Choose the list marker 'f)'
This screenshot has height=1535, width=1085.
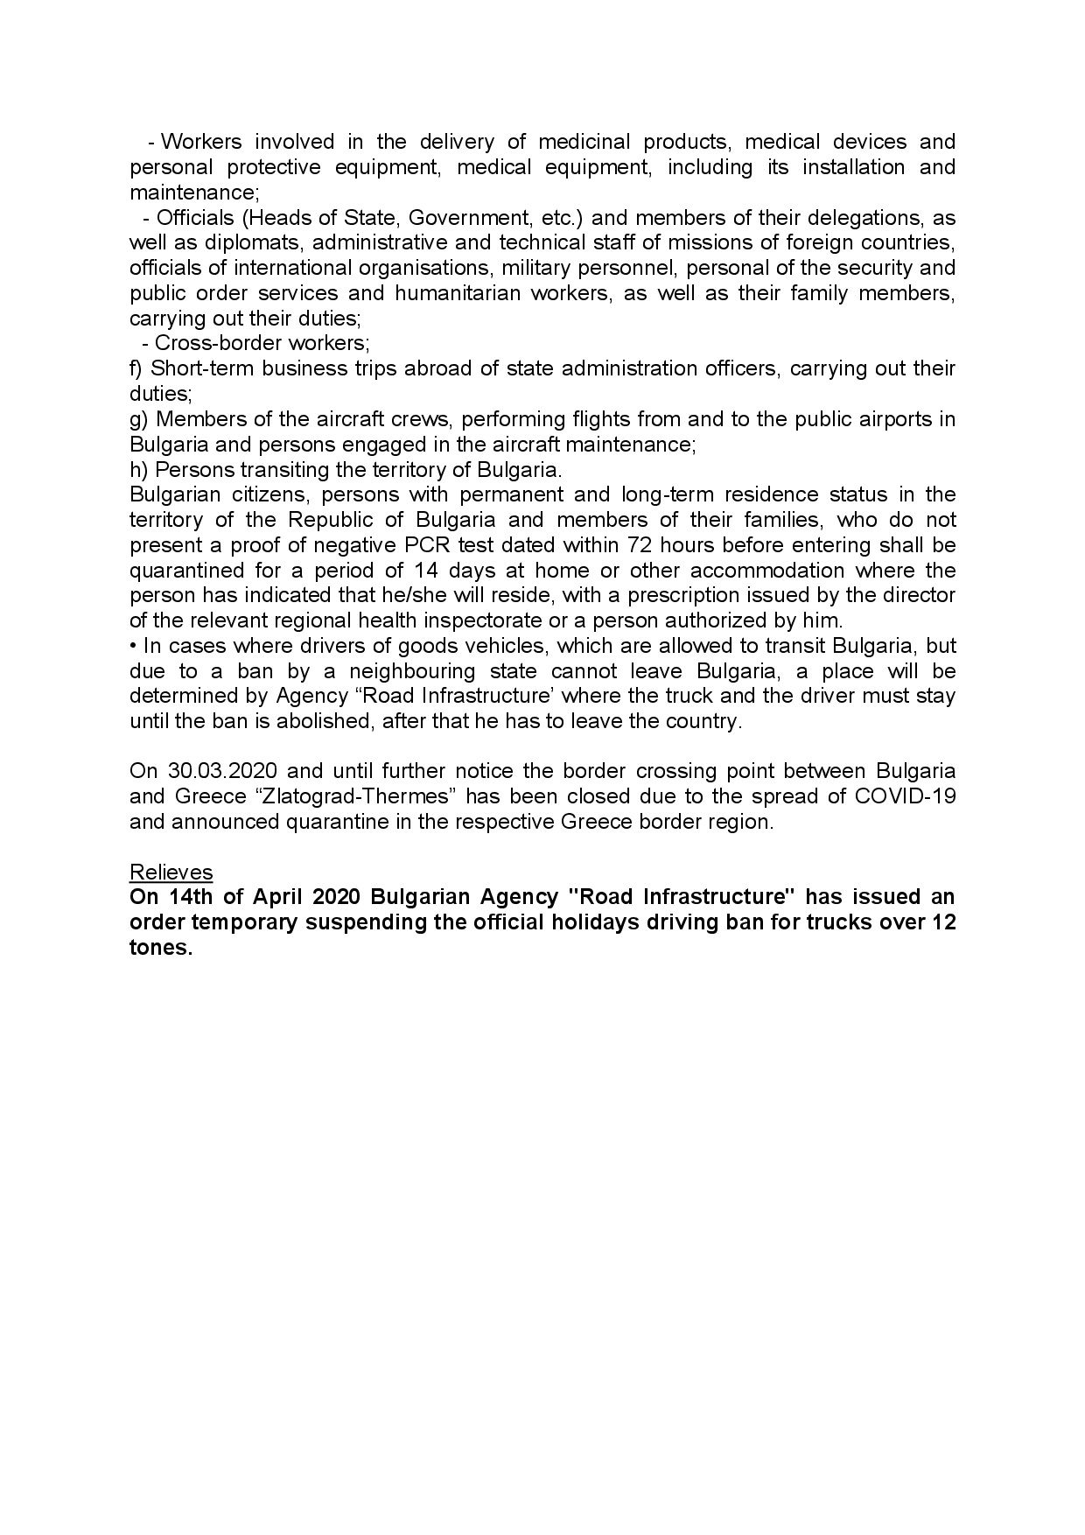(137, 368)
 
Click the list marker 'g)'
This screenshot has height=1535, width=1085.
(139, 419)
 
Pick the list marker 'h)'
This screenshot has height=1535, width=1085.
(139, 469)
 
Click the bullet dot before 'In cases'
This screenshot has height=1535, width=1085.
(133, 647)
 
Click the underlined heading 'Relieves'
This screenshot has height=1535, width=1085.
(171, 873)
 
